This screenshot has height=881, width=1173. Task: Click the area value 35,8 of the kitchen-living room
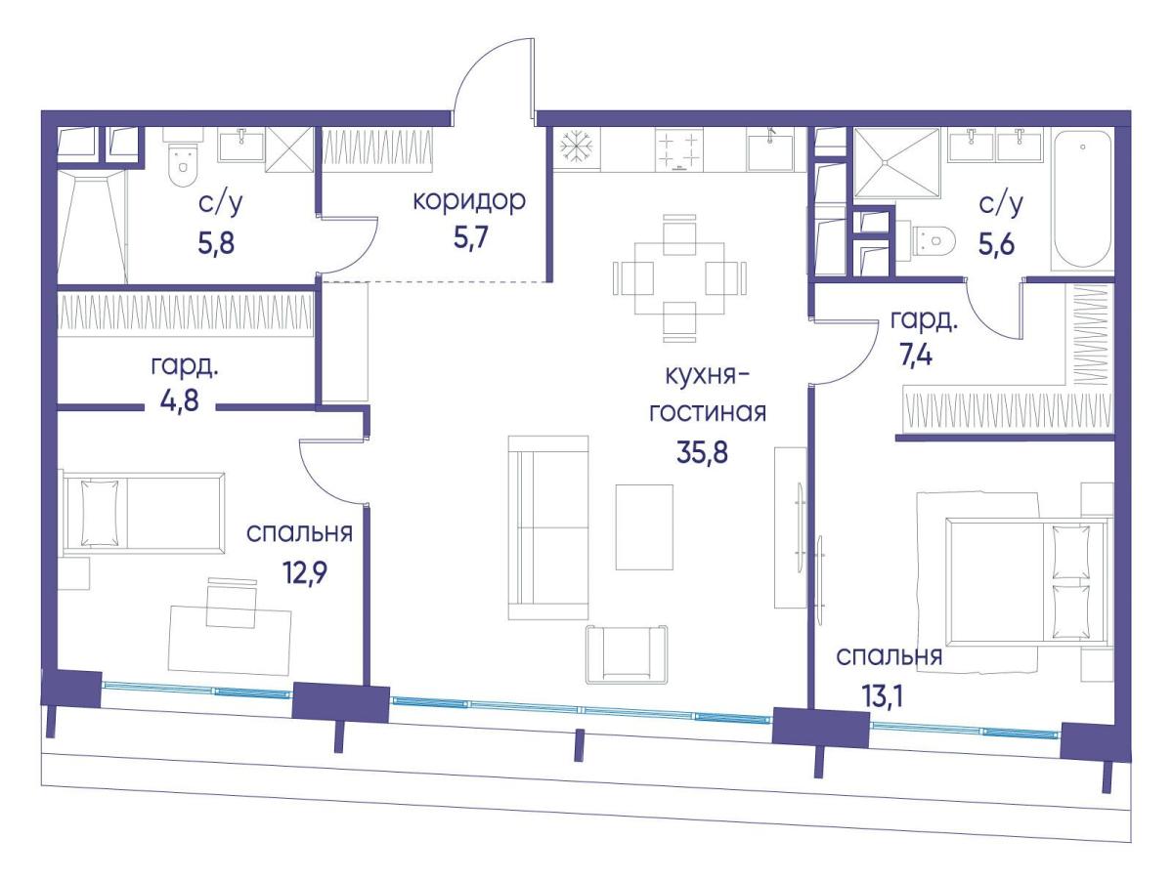[702, 453]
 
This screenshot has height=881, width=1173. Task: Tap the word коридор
[469, 202]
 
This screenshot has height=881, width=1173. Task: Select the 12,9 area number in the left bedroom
[304, 573]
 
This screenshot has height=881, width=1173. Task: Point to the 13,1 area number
[882, 696]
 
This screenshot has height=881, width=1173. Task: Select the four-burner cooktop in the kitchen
[678, 149]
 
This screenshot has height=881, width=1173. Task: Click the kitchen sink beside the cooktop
[769, 151]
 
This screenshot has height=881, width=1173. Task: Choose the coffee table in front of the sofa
[644, 527]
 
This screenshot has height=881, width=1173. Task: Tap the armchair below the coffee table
[627, 653]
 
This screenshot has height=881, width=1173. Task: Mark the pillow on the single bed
[100, 512]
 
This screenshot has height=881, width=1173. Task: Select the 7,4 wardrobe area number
[916, 355]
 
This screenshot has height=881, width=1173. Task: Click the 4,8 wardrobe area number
[180, 399]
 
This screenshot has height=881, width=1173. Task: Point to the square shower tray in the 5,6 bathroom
[896, 162]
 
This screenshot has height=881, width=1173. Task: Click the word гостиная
[707, 413]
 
